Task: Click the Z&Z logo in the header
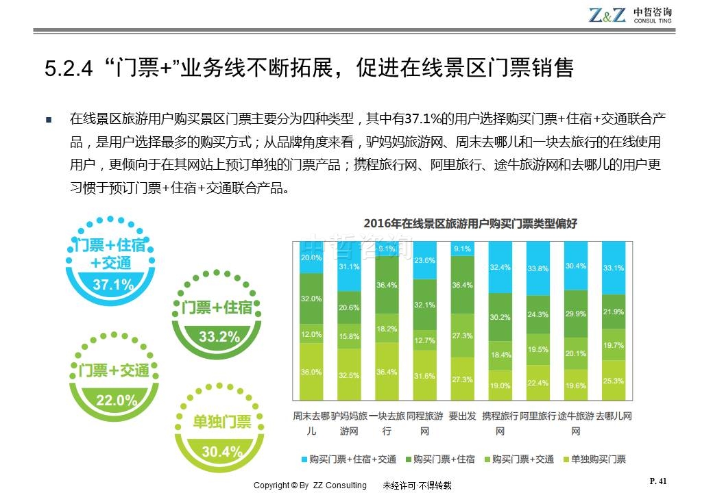607,14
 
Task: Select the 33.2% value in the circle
219,336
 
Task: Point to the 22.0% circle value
114,400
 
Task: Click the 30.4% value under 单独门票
222,451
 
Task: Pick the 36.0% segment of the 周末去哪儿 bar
311,372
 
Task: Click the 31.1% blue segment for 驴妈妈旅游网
349,266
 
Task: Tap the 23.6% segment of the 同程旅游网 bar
425,260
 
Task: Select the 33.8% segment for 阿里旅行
538,268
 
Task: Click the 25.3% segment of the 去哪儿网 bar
614,381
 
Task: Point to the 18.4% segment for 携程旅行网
500,355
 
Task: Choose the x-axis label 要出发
463,416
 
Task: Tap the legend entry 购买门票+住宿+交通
348,459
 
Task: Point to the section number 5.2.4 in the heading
67,68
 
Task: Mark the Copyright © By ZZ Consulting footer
310,485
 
